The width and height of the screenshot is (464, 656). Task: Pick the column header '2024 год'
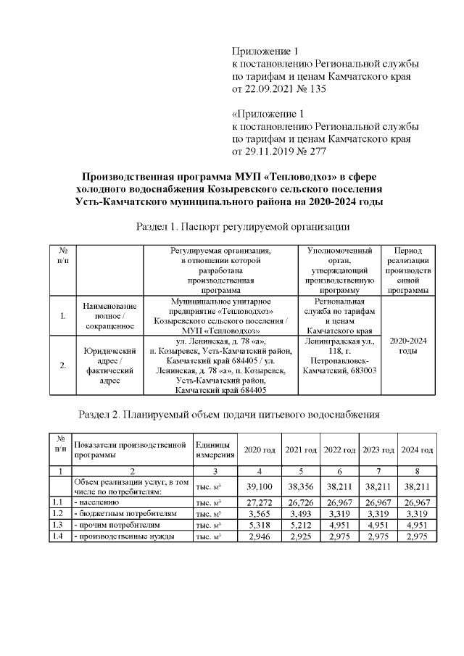417,450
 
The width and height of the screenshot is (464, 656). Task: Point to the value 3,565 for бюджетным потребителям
260,513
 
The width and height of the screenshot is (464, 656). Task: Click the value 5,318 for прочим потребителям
260,524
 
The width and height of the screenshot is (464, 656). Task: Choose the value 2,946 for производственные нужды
260,536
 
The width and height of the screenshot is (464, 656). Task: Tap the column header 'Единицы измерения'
215,450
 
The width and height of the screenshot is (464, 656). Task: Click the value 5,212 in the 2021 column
299,524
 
